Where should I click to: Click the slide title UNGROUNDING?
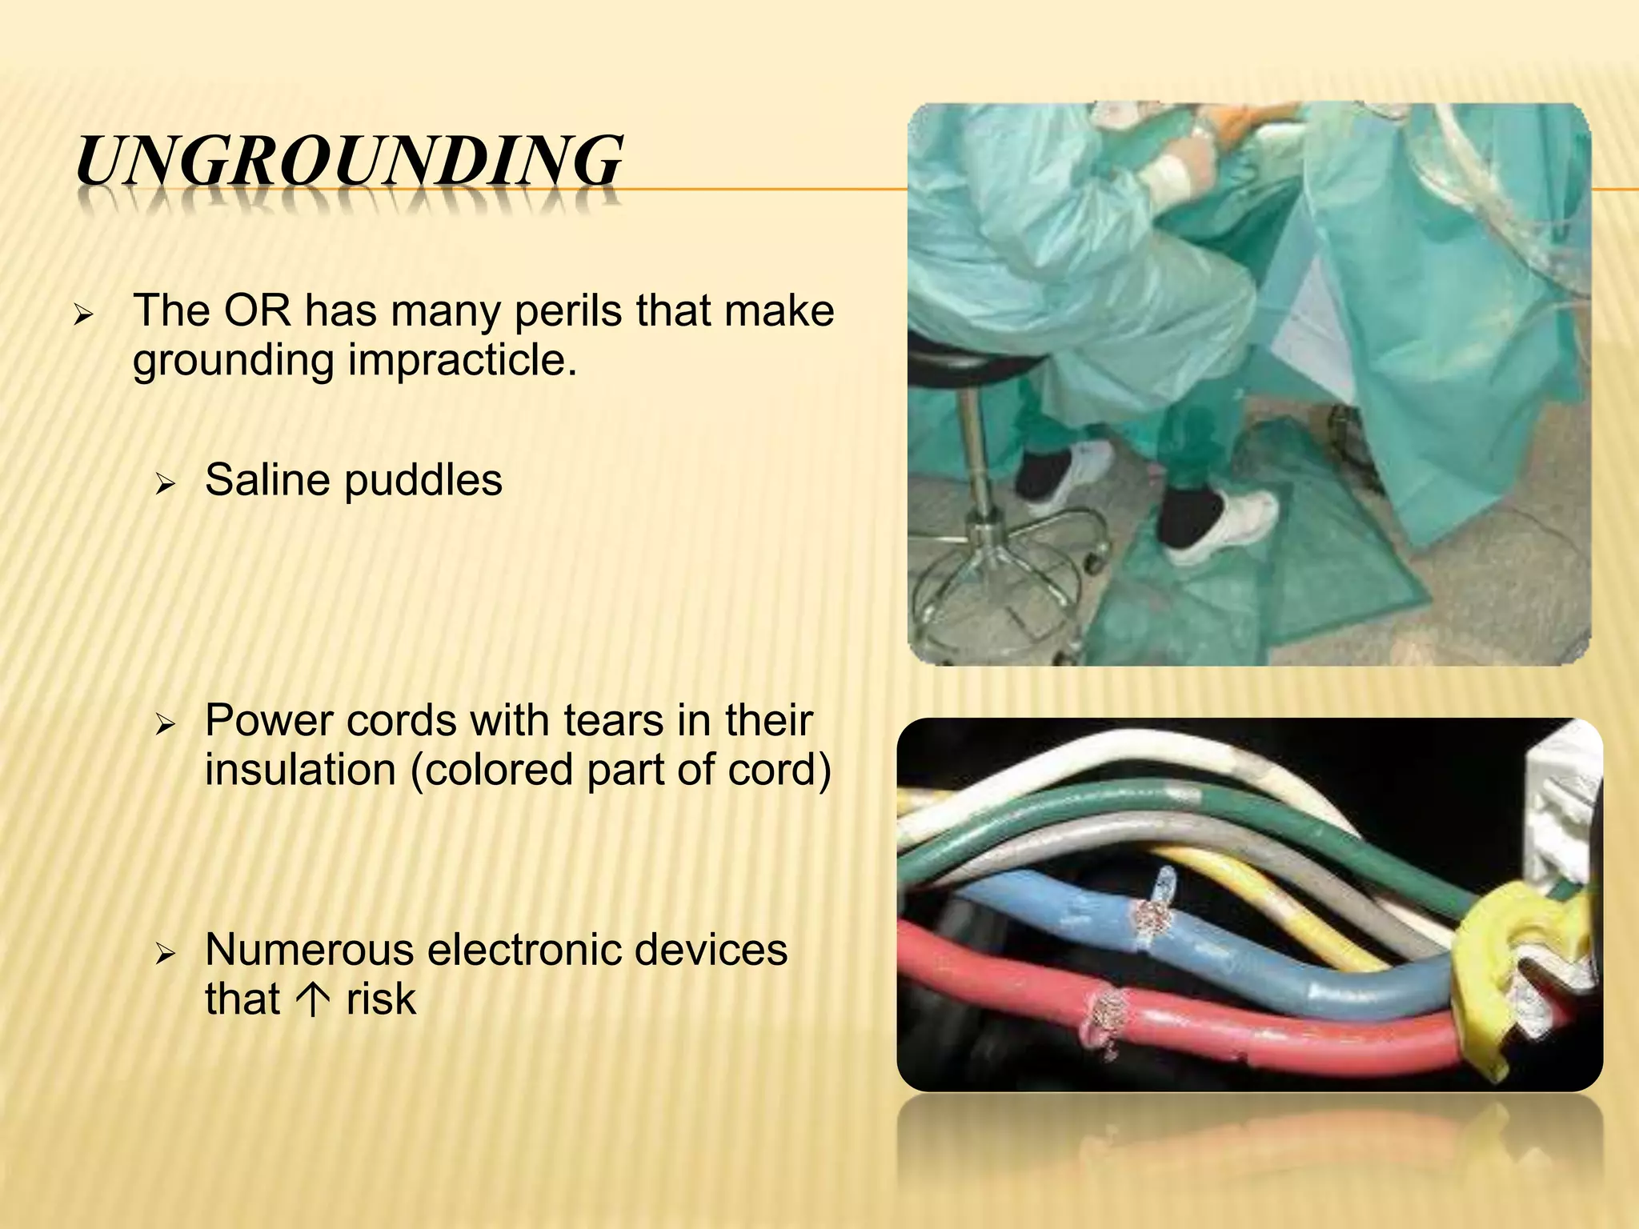349,162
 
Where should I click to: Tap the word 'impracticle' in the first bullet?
462,360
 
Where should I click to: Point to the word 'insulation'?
300,770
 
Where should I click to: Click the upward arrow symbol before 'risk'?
313,999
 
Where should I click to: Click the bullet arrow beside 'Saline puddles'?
165,483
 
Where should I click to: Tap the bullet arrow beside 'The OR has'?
83,314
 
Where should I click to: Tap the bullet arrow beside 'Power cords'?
165,725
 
